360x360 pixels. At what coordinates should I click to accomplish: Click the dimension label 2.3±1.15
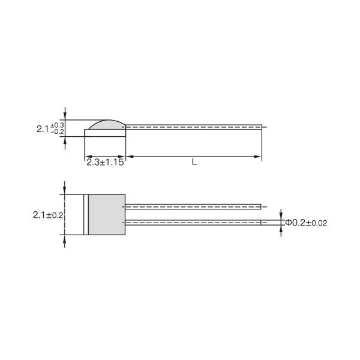104,162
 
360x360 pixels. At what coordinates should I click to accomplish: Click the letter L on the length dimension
194,162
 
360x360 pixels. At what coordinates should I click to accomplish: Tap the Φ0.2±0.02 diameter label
306,222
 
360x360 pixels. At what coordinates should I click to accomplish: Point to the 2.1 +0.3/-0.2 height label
50,128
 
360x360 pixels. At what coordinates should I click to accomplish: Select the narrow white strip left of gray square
86,214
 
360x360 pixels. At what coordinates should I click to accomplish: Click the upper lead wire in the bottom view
192,206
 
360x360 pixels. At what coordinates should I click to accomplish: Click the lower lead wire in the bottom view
192,222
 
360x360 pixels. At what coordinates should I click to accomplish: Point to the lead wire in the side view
192,127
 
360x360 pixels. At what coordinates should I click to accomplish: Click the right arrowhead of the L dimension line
259,157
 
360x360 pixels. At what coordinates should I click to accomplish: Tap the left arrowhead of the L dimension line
129,157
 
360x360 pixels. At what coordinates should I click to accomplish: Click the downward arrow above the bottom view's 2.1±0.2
64,190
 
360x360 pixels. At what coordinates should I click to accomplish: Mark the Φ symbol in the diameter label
289,222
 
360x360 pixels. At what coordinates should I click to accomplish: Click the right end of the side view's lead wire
261,127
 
